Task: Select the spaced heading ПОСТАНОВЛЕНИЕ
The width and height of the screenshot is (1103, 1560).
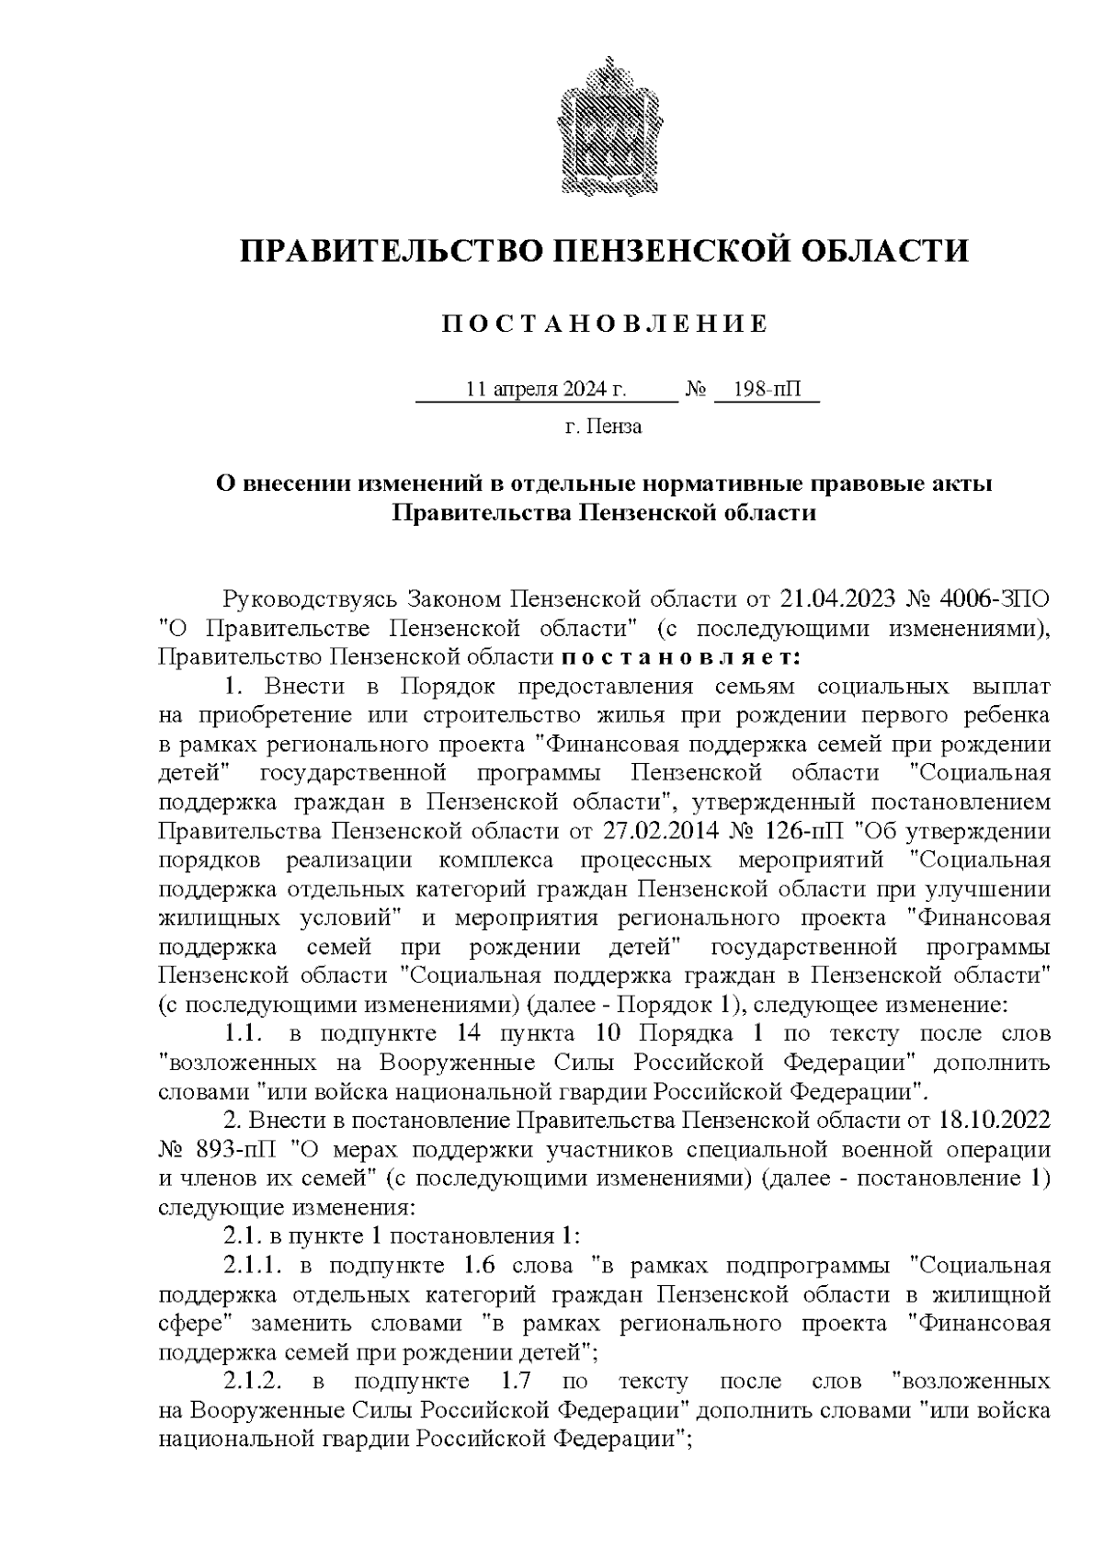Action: [604, 325]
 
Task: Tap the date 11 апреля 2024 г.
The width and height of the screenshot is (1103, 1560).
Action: [546, 390]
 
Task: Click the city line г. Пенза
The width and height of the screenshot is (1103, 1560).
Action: [603, 427]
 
